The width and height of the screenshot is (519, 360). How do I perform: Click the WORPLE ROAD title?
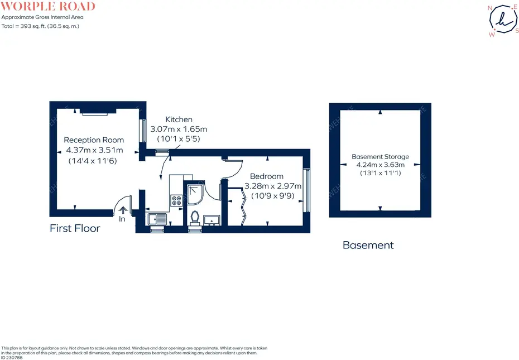click(48, 6)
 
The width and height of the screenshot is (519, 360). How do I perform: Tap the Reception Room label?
click(94, 140)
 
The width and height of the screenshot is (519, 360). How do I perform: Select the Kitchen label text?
click(179, 119)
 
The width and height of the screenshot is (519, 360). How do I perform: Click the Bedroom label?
click(266, 176)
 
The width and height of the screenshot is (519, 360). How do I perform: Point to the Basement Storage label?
click(380, 157)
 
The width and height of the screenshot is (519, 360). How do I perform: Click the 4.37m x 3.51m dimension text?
click(94, 150)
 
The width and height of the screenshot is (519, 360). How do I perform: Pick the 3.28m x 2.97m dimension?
click(273, 186)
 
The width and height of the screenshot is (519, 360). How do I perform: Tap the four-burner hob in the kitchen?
click(176, 201)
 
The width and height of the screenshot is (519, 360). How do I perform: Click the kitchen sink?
click(157, 219)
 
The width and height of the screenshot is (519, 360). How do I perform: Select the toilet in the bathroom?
click(195, 219)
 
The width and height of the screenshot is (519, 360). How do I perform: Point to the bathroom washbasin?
click(212, 220)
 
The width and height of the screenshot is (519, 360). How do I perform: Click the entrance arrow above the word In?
click(123, 210)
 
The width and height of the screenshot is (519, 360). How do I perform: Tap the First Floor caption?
click(75, 228)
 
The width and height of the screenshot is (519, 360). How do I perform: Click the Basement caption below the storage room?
click(368, 245)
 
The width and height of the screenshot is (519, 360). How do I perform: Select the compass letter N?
click(490, 8)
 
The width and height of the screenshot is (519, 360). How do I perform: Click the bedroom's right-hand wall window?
click(307, 190)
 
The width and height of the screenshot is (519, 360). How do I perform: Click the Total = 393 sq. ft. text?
click(40, 26)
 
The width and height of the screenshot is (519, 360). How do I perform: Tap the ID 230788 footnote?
click(12, 358)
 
